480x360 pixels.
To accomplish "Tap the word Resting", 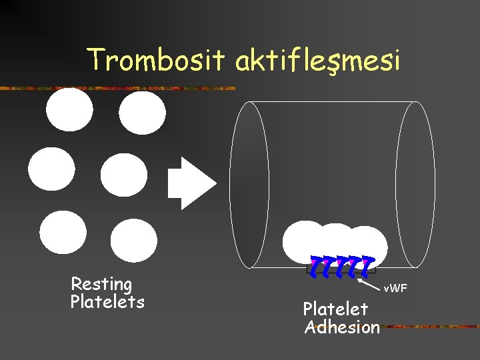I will coord(101,285).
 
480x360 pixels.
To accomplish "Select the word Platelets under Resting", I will coord(107,302).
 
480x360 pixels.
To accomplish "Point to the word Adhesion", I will coord(342,327).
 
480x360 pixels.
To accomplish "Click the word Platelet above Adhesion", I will coord(335,309).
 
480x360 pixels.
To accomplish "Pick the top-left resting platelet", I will coord(70,109).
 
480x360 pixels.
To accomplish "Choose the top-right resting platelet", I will coord(143,113).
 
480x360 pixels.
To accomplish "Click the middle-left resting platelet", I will coord(52,169).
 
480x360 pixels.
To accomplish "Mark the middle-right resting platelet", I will coord(124,175).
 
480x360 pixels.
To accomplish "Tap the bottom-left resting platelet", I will coord(63,232).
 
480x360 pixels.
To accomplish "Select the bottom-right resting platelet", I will coord(134,240).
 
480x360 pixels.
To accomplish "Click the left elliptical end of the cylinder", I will coord(249,184).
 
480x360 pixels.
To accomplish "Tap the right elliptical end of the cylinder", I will coord(415,184).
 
